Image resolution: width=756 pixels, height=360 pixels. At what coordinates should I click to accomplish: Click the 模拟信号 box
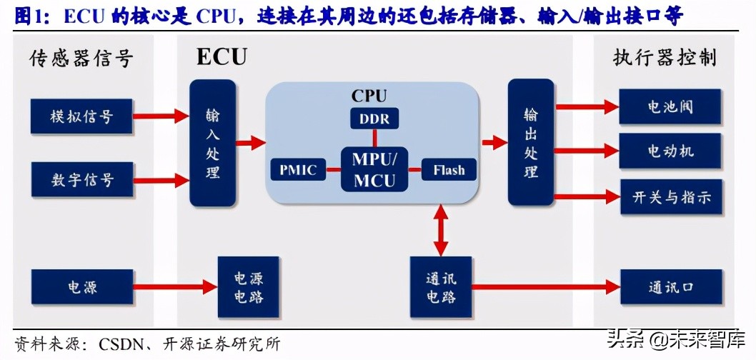pyautogui.click(x=81, y=116)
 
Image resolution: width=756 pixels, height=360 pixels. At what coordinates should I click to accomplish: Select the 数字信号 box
pyautogui.click(x=81, y=179)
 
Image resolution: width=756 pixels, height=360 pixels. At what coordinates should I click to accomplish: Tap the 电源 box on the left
pyautogui.click(x=81, y=287)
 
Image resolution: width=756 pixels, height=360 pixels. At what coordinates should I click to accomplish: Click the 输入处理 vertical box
pyautogui.click(x=212, y=143)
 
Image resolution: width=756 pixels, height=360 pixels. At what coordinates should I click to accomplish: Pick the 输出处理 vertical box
pyautogui.click(x=531, y=143)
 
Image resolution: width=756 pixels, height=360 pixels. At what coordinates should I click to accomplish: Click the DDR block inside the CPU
pyautogui.click(x=374, y=119)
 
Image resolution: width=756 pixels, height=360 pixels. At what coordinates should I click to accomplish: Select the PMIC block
pyautogui.click(x=298, y=170)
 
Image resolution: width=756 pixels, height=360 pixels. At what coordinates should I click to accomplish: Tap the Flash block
pyautogui.click(x=448, y=170)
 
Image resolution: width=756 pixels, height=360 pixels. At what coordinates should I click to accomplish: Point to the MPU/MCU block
pyautogui.click(x=374, y=169)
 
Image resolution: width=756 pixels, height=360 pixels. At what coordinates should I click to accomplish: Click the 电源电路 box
pyautogui.click(x=248, y=287)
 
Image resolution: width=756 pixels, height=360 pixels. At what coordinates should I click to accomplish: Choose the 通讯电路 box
pyautogui.click(x=441, y=287)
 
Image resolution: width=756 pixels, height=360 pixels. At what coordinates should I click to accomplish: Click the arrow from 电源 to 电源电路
pyautogui.click(x=175, y=287)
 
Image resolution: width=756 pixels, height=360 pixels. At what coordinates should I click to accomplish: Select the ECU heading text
pyautogui.click(x=222, y=57)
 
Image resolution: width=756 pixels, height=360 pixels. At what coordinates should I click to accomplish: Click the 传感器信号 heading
pyautogui.click(x=81, y=59)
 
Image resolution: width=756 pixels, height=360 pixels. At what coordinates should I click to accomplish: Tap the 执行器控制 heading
pyautogui.click(x=665, y=59)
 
